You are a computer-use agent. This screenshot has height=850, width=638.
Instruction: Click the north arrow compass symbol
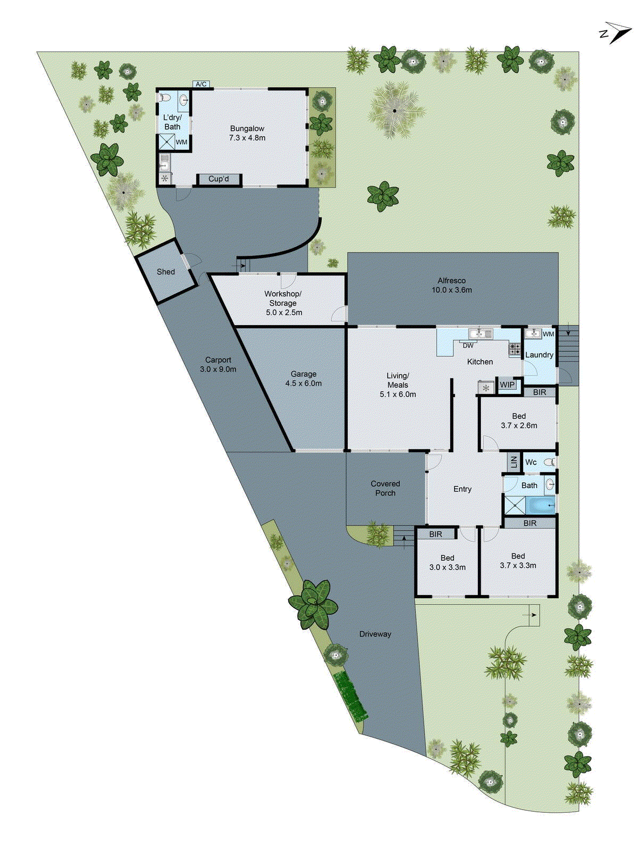coord(616,33)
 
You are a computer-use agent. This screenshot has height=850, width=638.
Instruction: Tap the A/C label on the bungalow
coord(201,84)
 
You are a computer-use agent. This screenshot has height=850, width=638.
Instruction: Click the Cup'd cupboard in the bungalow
coord(219,180)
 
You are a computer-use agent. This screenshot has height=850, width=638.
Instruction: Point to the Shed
coord(166,271)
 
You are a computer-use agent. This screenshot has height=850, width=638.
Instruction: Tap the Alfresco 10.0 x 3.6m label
coord(451,285)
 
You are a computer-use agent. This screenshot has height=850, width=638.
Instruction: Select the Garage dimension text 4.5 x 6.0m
coord(303,383)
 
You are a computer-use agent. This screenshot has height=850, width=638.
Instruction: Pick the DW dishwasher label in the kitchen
coord(468,346)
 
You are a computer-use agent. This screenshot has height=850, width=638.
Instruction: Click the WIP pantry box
coord(507,385)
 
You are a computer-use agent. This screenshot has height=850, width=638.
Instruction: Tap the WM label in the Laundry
coord(548,334)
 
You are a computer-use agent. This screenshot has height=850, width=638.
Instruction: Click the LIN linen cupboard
coord(514,461)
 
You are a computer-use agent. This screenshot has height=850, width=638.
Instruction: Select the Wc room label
coord(531,462)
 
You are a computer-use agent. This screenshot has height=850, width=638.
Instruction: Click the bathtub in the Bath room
coord(540,505)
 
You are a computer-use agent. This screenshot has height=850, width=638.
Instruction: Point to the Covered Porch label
coord(385,488)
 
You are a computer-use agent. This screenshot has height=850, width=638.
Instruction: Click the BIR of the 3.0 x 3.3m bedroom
coord(435,534)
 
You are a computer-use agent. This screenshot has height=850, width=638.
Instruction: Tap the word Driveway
coord(375,634)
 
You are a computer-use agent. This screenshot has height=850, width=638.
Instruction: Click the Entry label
coord(462,489)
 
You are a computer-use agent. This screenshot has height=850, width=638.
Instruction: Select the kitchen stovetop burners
coord(514,349)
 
